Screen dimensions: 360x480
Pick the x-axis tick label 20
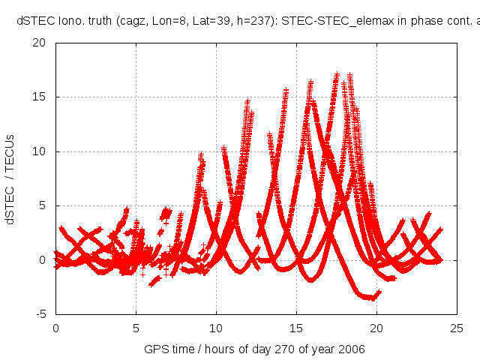(x=376, y=328)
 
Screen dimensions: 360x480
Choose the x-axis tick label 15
(x=296, y=328)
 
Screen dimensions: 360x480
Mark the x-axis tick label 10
(x=216, y=328)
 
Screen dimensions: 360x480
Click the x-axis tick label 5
(x=136, y=328)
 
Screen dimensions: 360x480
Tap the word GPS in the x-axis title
(x=155, y=349)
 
